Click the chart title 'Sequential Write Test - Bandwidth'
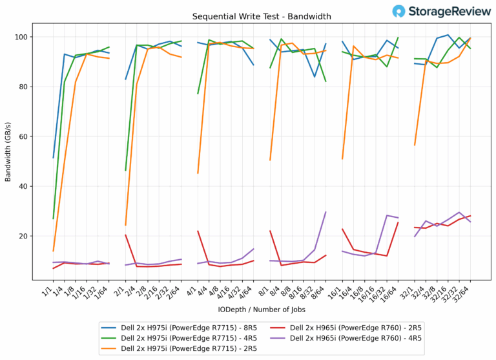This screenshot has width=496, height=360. [x=249, y=16]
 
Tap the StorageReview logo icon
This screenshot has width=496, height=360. [x=399, y=11]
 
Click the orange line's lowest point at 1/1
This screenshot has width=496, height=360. [x=54, y=251]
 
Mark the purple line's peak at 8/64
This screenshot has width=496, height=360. [x=325, y=212]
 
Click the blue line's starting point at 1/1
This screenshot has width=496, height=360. [x=54, y=158]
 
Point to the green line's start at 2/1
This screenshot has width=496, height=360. [x=126, y=171]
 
